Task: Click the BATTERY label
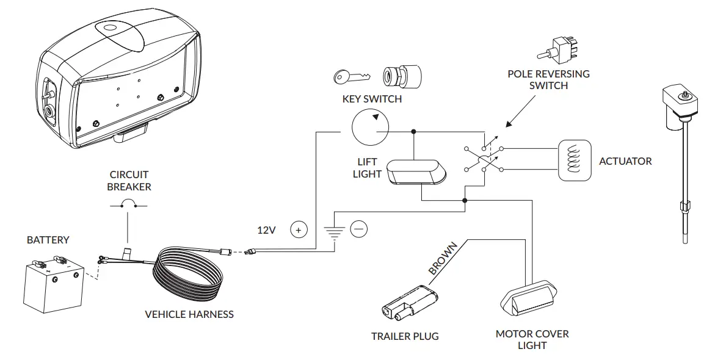click(48, 240)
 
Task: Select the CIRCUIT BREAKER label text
click(129, 181)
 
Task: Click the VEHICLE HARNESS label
click(189, 314)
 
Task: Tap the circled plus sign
click(299, 230)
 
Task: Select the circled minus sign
click(359, 229)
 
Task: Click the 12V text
click(267, 230)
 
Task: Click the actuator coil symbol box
click(575, 161)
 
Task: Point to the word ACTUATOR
click(625, 161)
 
